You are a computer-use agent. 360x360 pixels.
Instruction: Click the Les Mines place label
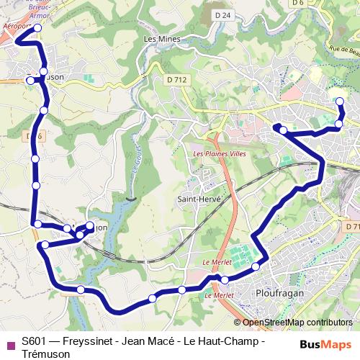point(160,39)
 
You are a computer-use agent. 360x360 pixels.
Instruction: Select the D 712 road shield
point(174,79)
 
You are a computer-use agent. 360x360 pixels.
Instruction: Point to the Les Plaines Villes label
point(219,154)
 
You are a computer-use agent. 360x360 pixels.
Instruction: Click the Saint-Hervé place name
point(198,199)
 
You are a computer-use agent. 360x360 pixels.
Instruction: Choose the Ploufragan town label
point(278,294)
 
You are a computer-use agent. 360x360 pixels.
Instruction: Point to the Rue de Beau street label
point(343,51)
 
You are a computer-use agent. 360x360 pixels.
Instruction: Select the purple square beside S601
point(10,343)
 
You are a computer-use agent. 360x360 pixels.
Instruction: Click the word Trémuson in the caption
point(46,354)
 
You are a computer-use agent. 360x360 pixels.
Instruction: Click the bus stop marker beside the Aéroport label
point(38,28)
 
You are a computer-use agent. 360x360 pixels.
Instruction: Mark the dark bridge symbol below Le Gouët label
point(129,197)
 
